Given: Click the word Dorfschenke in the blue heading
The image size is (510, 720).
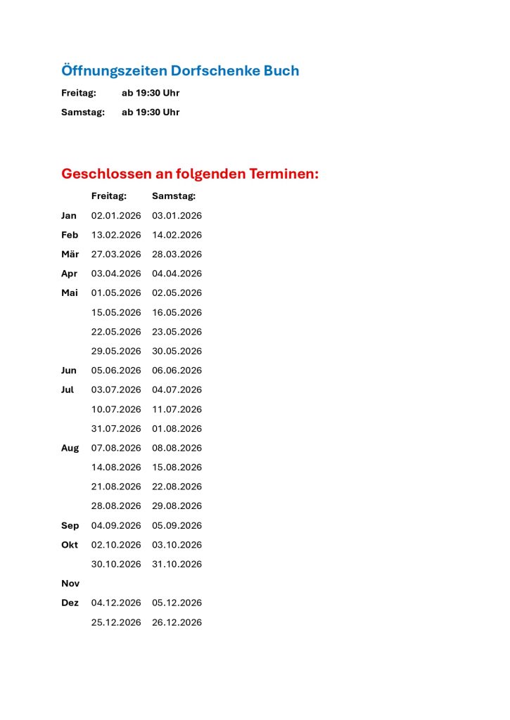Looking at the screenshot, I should coord(214,71).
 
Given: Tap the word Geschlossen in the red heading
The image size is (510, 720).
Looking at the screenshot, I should coord(106,174).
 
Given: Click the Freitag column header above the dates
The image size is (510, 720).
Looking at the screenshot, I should coord(109,196).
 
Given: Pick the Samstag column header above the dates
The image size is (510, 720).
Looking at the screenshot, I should coord(174,196).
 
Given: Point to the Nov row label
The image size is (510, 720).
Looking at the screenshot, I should coord(70,584).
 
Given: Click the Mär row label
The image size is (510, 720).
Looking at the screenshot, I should coord(70,255).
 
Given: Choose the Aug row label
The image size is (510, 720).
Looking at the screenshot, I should coord(70,448).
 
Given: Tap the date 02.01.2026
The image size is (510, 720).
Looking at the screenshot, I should coord(116,216).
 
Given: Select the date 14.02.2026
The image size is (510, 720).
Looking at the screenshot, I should coord(177,235).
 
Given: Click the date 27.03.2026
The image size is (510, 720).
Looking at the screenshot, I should coord(116,255).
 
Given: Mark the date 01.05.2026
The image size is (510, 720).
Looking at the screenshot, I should coord(116,293).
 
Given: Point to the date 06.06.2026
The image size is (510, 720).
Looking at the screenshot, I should coord(177,371).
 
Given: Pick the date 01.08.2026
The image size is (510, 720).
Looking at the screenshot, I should coord(177,429).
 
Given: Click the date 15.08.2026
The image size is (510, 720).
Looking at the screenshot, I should coord(177,468).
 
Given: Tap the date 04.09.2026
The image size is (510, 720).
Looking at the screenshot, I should coord(116,526).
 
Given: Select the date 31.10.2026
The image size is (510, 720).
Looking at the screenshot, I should coord(177,565).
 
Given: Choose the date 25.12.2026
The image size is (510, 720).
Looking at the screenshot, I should coord(116,623).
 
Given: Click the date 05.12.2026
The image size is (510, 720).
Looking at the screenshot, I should coord(177,603).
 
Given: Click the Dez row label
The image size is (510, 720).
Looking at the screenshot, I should coord(70,603).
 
